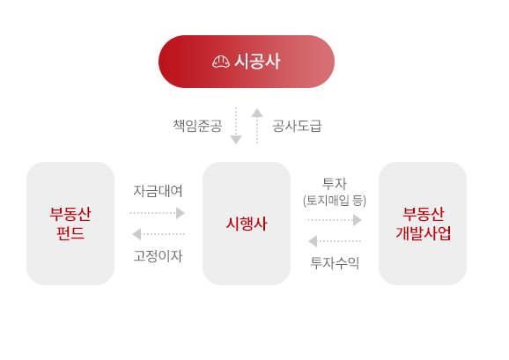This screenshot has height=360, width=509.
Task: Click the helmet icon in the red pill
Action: [x=221, y=62]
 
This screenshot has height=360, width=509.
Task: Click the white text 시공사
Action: [x=257, y=62]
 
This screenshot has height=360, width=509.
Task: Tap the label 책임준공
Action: [x=197, y=126]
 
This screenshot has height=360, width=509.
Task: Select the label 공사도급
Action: [x=297, y=126]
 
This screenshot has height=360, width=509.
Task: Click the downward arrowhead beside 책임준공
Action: [x=236, y=140]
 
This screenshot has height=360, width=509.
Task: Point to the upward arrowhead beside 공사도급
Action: [x=257, y=113]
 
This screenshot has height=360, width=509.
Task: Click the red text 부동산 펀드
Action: [x=70, y=224]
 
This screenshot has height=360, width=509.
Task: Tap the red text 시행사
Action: [x=247, y=224]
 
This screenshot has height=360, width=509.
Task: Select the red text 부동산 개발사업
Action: [x=423, y=224]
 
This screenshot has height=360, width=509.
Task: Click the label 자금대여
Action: [x=159, y=191]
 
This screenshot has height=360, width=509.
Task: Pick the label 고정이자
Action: [x=159, y=256]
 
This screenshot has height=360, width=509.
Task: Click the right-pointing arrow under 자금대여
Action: [x=158, y=213]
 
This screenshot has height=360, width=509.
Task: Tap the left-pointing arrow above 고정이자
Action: [x=159, y=234]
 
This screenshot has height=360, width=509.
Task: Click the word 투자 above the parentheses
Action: [x=335, y=184]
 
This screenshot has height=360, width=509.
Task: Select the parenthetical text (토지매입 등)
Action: [x=335, y=201]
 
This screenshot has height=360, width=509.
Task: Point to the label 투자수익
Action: [x=335, y=262]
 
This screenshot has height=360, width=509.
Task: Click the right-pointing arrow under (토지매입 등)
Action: [x=335, y=220]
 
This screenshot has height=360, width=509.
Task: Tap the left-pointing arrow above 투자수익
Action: [x=335, y=241]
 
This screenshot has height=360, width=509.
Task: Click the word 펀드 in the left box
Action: [x=70, y=233]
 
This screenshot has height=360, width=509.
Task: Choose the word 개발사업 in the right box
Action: [x=423, y=233]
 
